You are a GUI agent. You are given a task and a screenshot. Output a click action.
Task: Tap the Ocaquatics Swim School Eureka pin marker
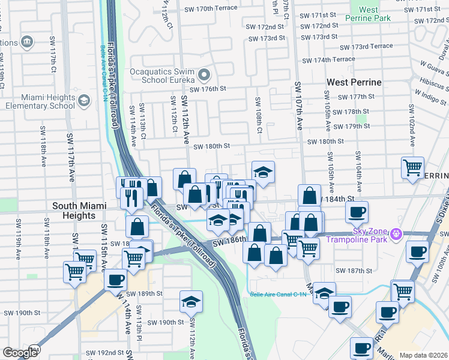[x=204, y=76]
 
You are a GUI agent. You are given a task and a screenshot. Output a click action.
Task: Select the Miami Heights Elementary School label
[x=40, y=101]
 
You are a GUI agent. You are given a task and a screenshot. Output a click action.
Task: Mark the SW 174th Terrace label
[x=328, y=60]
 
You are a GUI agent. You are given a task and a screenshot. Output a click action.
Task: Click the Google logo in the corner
[x=20, y=353]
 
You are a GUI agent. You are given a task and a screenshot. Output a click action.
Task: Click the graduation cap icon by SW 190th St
[x=191, y=302]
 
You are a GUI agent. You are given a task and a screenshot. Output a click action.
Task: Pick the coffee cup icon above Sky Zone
[x=357, y=212]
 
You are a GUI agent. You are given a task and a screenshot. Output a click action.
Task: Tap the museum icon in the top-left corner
[x=26, y=41]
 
